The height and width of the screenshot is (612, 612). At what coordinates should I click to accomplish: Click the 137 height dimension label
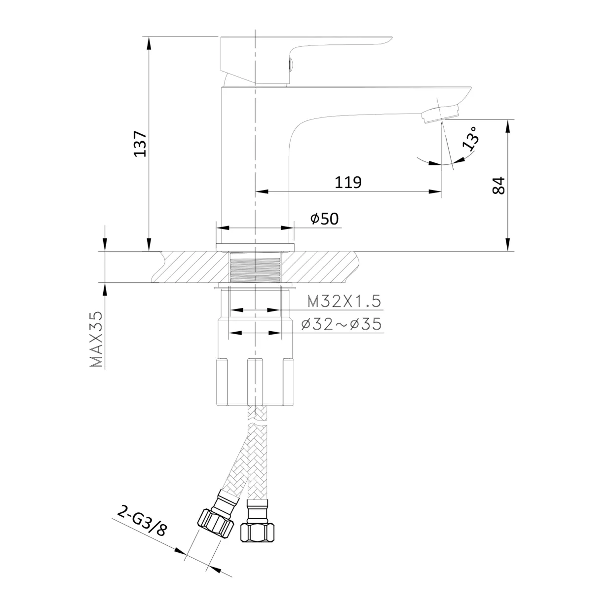click(140, 144)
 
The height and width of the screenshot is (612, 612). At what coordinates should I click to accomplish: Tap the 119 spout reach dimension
click(348, 182)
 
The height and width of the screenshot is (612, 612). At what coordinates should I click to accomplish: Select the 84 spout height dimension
click(498, 186)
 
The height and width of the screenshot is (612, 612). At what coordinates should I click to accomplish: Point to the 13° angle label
click(470, 138)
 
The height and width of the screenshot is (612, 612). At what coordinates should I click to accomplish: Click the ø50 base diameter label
click(325, 219)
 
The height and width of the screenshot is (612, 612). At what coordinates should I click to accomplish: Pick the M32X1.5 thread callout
click(344, 301)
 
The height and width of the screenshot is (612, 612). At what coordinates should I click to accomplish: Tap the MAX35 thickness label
click(97, 339)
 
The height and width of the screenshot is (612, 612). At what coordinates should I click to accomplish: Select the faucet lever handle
click(306, 60)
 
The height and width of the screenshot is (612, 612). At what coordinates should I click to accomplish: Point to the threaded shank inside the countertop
click(255, 267)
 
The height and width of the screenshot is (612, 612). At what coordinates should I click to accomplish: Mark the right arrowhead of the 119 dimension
click(435, 191)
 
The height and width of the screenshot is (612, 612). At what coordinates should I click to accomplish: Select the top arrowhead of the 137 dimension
click(149, 43)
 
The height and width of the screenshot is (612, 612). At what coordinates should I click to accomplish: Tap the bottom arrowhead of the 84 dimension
click(507, 244)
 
